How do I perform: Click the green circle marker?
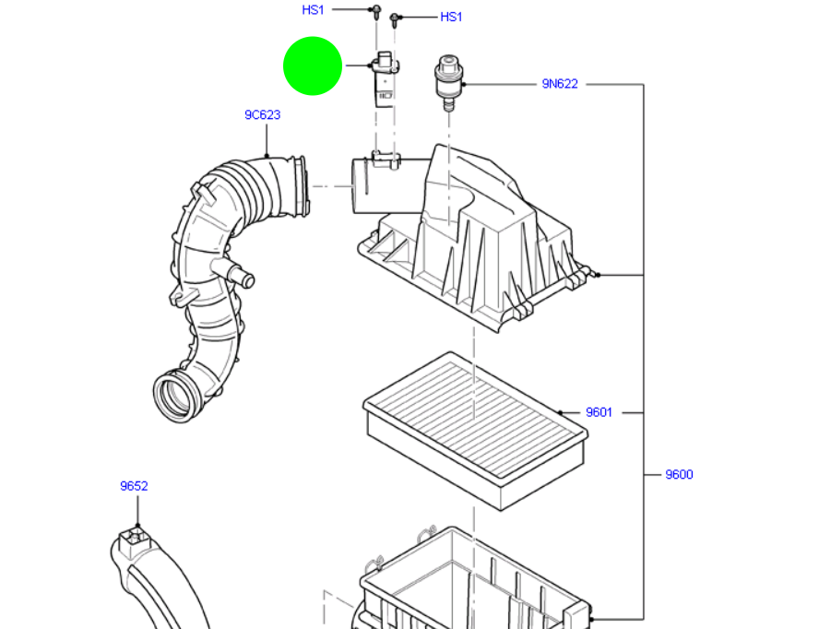pyautogui.click(x=312, y=65)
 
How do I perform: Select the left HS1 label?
pyautogui.click(x=314, y=10)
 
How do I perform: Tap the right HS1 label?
pyautogui.click(x=451, y=17)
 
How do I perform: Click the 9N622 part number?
pyautogui.click(x=560, y=84)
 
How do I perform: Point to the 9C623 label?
pyautogui.click(x=262, y=115)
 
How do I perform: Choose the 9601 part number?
pyautogui.click(x=599, y=412)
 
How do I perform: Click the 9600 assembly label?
pyautogui.click(x=679, y=475)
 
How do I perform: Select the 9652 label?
pyautogui.click(x=134, y=486)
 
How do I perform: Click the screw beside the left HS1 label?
pyautogui.click(x=376, y=11)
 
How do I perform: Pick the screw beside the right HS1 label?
pyautogui.click(x=395, y=18)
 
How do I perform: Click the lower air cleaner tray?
pyautogui.click(x=470, y=581)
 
